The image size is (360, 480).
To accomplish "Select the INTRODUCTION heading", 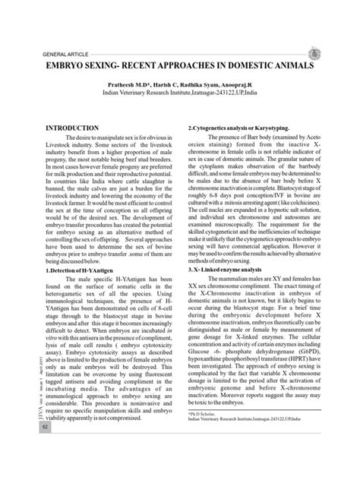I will [73, 129].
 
